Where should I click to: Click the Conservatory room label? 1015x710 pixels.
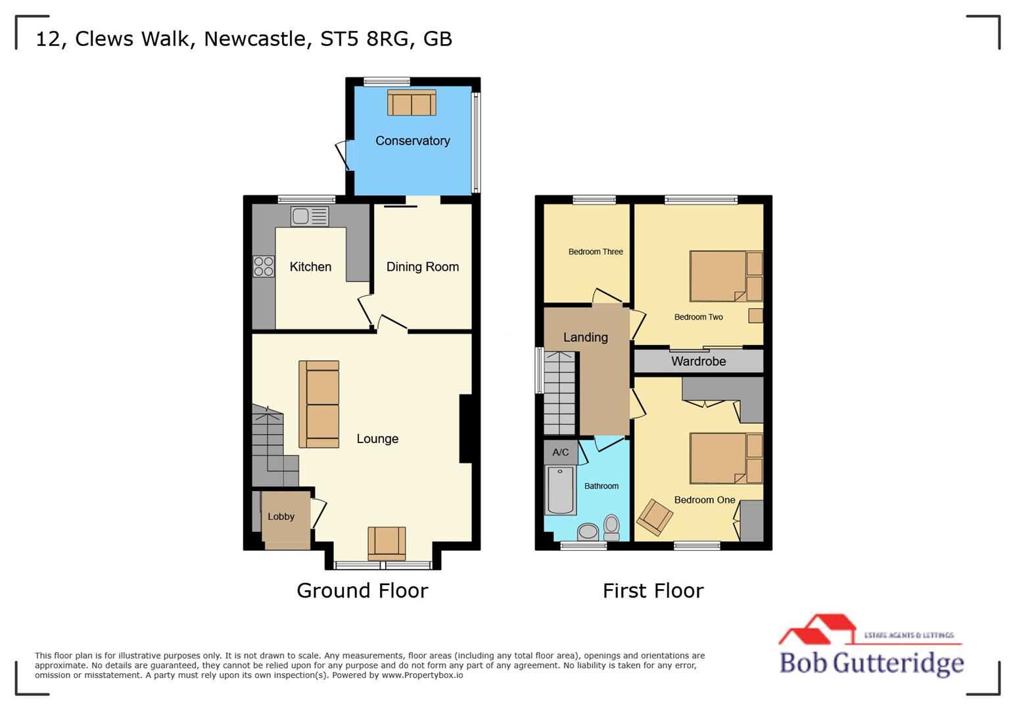pyautogui.click(x=412, y=141)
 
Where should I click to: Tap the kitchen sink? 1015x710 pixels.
pyautogui.click(x=310, y=216)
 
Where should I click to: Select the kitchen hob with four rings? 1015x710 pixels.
pyautogui.click(x=264, y=266)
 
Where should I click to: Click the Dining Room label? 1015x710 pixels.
pyautogui.click(x=422, y=267)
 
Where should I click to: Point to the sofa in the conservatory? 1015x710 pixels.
pyautogui.click(x=412, y=103)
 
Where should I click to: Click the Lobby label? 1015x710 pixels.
pyautogui.click(x=281, y=517)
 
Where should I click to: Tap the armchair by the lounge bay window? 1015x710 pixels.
pyautogui.click(x=387, y=543)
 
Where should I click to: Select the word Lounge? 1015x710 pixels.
pyautogui.click(x=377, y=439)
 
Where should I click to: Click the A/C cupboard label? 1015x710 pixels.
pyautogui.click(x=560, y=452)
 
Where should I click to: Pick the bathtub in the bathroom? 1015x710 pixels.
pyautogui.click(x=561, y=490)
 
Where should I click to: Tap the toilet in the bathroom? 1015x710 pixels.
pyautogui.click(x=611, y=527)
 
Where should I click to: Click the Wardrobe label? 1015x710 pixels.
pyautogui.click(x=698, y=362)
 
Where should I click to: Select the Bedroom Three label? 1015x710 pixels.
pyautogui.click(x=596, y=252)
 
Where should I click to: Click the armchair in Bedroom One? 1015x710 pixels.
pyautogui.click(x=655, y=517)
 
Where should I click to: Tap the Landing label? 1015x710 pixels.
pyautogui.click(x=585, y=337)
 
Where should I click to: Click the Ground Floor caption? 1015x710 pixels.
pyautogui.click(x=362, y=590)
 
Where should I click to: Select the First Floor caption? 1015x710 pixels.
pyautogui.click(x=653, y=590)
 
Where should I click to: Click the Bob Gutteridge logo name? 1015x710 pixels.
pyautogui.click(x=871, y=663)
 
